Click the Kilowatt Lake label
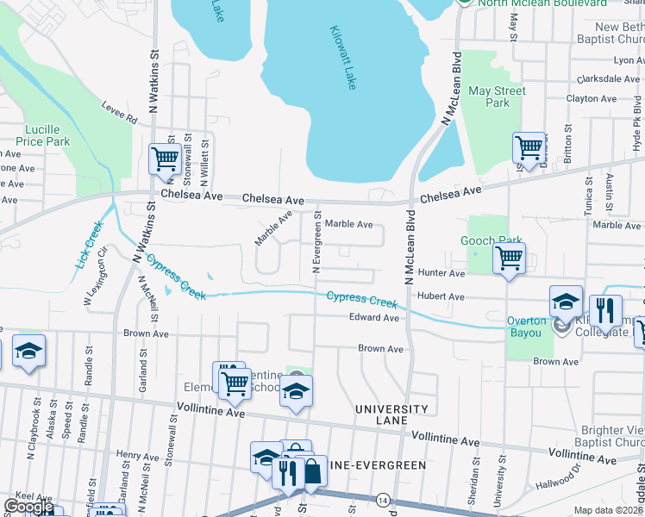pyautogui.click(x=342, y=58)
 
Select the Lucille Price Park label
pyautogui.click(x=42, y=135)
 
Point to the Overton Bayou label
pyautogui.click(x=526, y=321)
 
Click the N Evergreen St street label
pyautogui.click(x=316, y=244)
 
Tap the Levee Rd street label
pyautogui.click(x=120, y=113)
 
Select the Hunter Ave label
pyautogui.click(x=441, y=273)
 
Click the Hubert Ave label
pyautogui.click(x=441, y=296)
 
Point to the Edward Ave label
pyautogui.click(x=373, y=318)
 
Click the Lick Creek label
pyautogui.click(x=90, y=244)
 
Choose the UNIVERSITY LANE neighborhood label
pyautogui.click(x=391, y=414)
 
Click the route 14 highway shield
pyautogui.click(x=383, y=500)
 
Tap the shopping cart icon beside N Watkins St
pyautogui.click(x=164, y=159)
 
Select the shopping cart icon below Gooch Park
pyautogui.click(x=509, y=257)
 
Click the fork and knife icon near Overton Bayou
pyautogui.click(x=605, y=309)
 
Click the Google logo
pyautogui.click(x=28, y=508)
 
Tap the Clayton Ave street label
pyautogui.click(x=591, y=99)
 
